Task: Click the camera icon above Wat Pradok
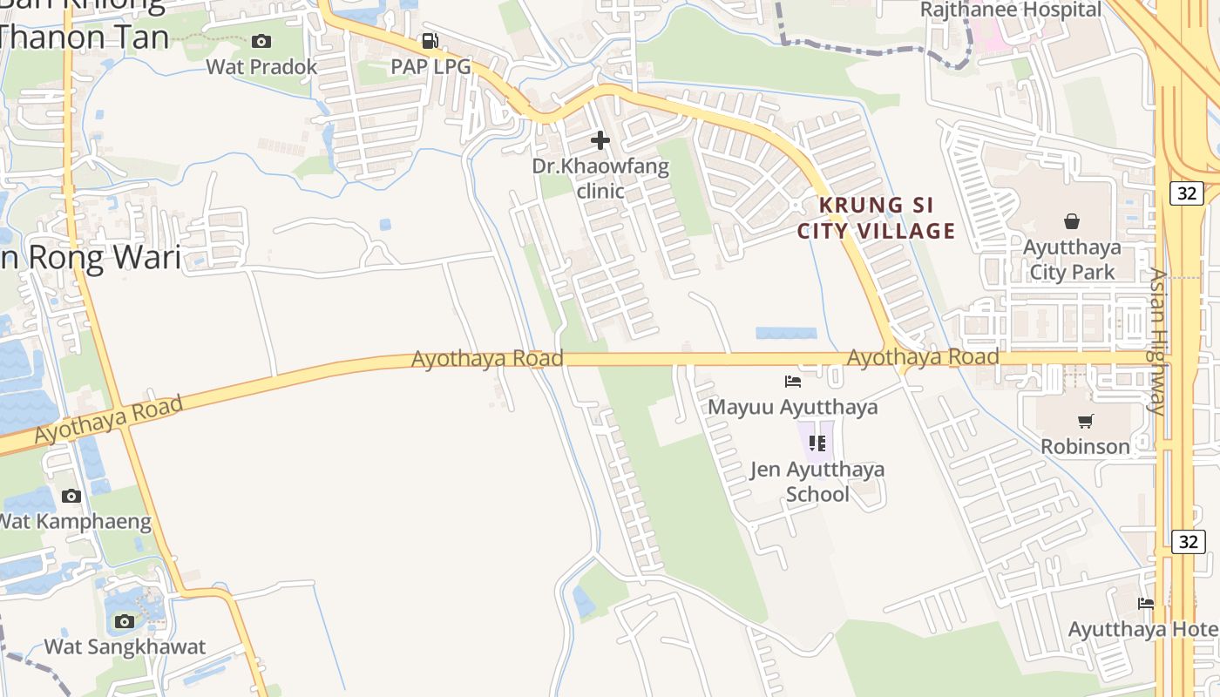(261, 41)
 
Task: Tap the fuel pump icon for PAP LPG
(430, 41)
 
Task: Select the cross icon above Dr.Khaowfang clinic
(600, 139)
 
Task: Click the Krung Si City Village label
(877, 218)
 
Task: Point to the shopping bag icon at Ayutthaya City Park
(1072, 221)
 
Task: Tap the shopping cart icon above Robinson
(1086, 422)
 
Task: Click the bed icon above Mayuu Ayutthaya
(793, 382)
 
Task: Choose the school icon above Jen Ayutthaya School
(817, 443)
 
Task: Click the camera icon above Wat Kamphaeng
(71, 497)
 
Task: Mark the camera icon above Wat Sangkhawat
(125, 621)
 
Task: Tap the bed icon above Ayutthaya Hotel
(1146, 603)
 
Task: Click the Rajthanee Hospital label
(1011, 10)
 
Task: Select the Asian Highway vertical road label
(1158, 341)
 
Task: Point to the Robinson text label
(1085, 446)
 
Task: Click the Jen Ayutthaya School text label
(817, 482)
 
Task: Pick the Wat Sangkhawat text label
(125, 646)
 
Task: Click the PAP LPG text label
(430, 66)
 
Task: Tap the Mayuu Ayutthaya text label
(792, 407)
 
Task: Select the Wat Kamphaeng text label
(74, 522)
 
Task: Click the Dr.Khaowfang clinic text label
(601, 178)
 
